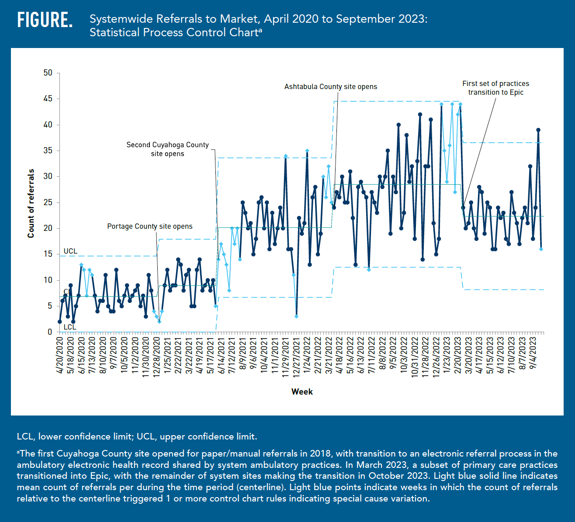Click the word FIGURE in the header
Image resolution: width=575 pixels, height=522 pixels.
coord(45,20)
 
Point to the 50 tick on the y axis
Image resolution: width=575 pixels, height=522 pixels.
coord(48,73)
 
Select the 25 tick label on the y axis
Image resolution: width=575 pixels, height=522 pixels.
coord(48,203)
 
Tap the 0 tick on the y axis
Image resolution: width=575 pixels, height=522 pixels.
coord(50,332)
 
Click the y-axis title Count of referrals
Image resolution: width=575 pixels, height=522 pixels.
coord(31,203)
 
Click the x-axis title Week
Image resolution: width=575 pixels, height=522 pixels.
coord(302,391)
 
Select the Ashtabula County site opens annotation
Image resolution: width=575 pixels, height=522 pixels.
coord(330,87)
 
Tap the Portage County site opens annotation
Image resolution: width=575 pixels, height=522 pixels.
coord(149,226)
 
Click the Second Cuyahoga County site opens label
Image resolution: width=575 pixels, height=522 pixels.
coord(167,149)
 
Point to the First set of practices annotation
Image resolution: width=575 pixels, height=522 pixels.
coord(495,88)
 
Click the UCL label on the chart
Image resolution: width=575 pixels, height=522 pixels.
coord(70,251)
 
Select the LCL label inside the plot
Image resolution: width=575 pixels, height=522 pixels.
coord(70,327)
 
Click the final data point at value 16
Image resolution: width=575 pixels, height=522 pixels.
coord(541,249)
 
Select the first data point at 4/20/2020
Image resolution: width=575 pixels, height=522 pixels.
coord(60,322)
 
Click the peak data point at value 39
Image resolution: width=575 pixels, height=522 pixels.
coord(538,130)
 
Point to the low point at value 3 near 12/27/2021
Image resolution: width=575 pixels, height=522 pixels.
coord(296,316)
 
